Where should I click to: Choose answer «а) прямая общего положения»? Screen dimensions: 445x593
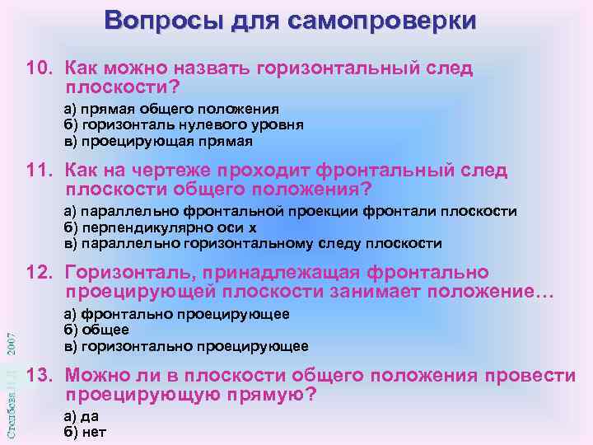[171, 109]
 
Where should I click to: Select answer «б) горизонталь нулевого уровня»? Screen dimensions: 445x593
[184, 124]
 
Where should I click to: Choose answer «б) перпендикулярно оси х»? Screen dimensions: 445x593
[161, 227]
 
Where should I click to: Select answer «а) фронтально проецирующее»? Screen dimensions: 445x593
[176, 314]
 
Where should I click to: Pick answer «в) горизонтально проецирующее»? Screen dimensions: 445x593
[186, 345]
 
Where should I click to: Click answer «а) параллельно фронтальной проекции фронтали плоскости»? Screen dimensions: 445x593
[290, 212]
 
